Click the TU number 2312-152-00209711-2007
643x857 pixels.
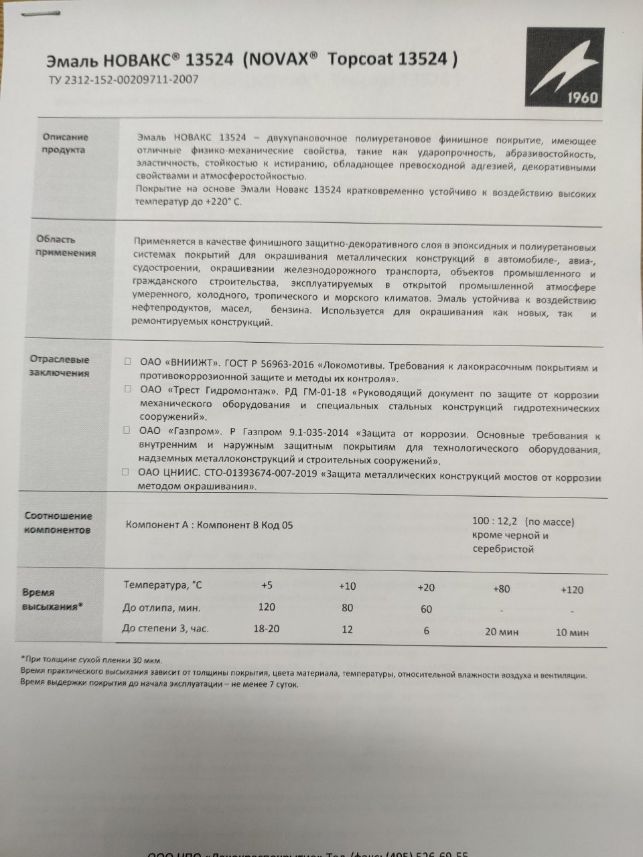tap(122, 79)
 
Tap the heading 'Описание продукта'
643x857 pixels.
tap(64, 143)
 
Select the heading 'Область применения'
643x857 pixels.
tap(66, 246)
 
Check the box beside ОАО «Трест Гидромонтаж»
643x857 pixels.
tap(127, 388)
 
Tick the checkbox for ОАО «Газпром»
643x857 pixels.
tap(127, 431)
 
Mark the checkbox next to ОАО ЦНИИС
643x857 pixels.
tap(126, 472)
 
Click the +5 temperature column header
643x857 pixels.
tap(267, 585)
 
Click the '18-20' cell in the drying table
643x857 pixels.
tap(267, 629)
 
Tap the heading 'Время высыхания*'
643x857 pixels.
tap(53, 599)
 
